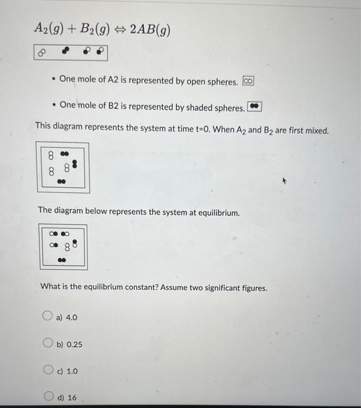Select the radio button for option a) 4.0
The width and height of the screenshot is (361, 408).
coord(48,316)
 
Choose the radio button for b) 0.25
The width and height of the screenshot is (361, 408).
coord(48,344)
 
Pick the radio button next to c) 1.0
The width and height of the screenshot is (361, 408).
coord(48,370)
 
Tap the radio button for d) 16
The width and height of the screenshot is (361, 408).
coord(48,397)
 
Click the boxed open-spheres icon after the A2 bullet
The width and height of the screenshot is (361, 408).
coord(248,81)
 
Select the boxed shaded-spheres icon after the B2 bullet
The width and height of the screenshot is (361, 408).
coord(254,107)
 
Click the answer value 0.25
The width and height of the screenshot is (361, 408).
coord(73,344)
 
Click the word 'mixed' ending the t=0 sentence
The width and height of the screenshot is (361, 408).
coord(316,131)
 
